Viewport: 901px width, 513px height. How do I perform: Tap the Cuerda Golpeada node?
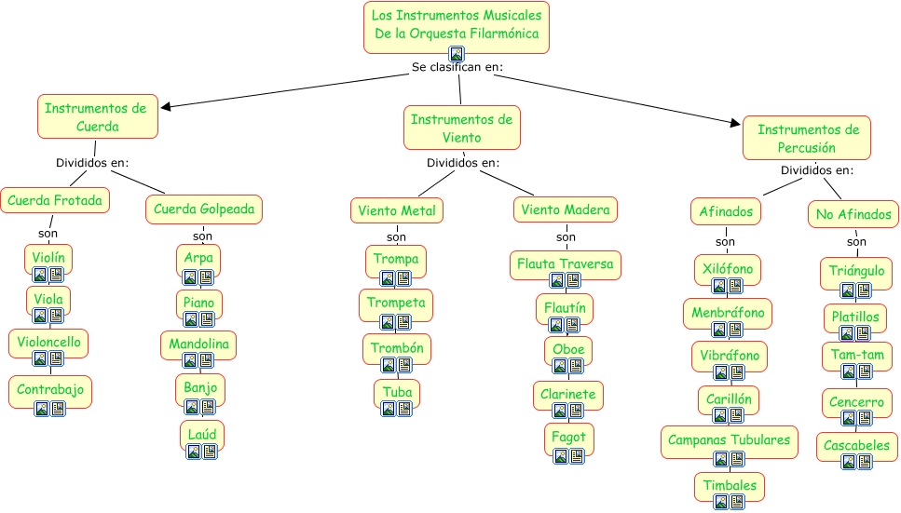[x=204, y=209]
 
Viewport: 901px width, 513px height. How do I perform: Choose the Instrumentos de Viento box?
[x=462, y=128]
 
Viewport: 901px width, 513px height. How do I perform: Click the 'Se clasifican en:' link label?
[x=457, y=67]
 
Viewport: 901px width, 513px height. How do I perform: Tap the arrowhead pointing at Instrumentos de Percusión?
[x=735, y=122]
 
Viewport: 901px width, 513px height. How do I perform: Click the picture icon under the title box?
[x=457, y=54]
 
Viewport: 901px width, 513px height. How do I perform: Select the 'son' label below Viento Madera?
[x=566, y=236]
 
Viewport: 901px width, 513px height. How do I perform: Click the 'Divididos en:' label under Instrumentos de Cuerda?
[x=92, y=163]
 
